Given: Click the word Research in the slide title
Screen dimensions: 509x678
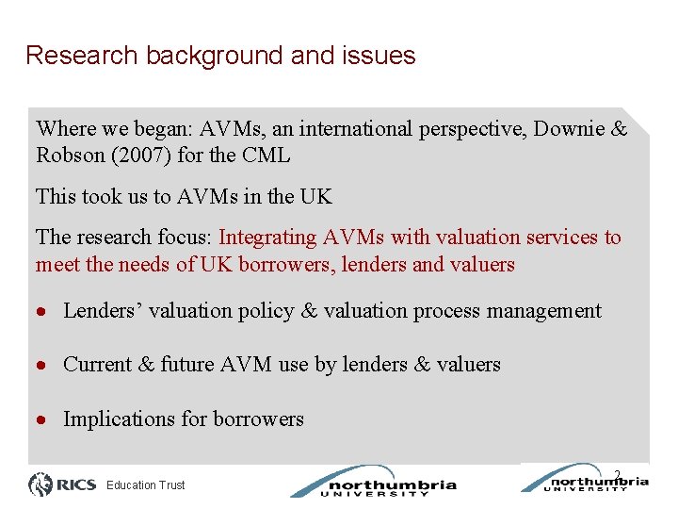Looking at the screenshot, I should pos(82,56).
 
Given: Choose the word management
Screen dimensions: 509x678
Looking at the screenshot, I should pos(543,311).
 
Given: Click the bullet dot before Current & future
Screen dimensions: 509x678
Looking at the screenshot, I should pos(43,366).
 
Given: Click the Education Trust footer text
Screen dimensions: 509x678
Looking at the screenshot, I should pos(146,485).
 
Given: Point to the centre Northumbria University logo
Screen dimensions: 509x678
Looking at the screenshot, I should pos(374,483).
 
